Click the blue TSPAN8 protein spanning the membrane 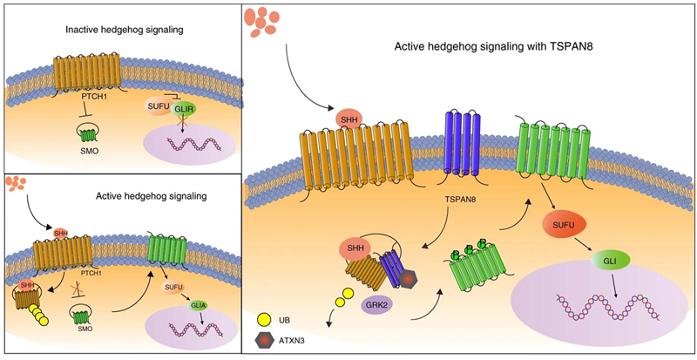pyautogui.click(x=459, y=144)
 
